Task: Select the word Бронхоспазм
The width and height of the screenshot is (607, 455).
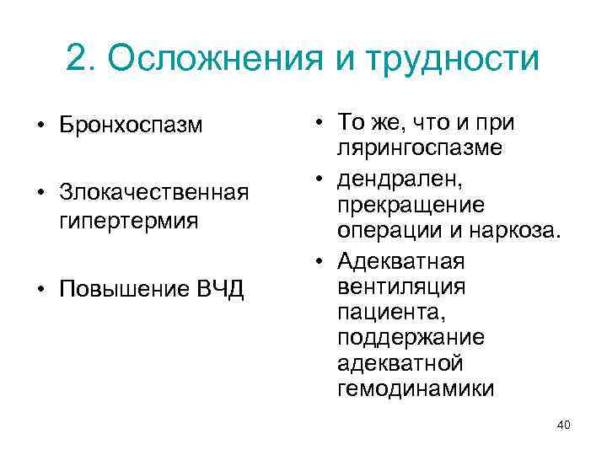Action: point(132,126)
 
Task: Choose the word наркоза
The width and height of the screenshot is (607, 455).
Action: point(520,231)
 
